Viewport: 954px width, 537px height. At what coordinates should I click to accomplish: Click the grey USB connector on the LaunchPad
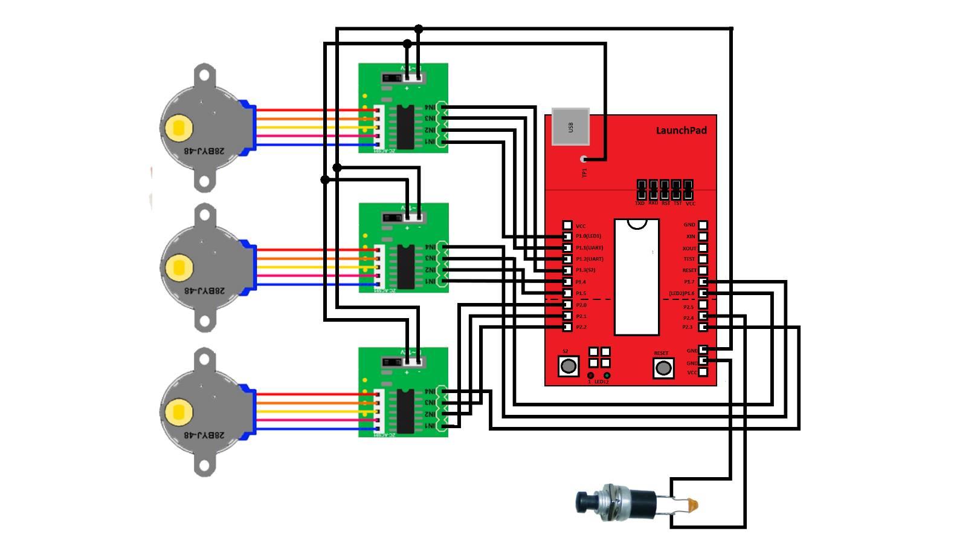[x=570, y=127]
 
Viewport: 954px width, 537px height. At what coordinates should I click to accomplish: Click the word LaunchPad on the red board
[x=681, y=130]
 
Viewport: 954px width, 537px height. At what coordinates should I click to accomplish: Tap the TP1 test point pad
[x=584, y=160]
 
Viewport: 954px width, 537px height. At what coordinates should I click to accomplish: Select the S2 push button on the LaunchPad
[x=568, y=365]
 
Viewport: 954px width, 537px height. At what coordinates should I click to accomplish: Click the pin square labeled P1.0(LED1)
[x=567, y=236]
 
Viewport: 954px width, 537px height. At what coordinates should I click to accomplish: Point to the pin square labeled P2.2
[x=567, y=327]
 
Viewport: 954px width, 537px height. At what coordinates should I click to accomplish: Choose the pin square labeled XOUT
[x=703, y=248]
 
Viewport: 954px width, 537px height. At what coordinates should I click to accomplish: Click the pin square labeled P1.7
[x=703, y=282]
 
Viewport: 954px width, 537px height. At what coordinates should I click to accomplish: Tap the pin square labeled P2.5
[x=703, y=306]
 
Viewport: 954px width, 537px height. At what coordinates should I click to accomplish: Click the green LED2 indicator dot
[x=607, y=376]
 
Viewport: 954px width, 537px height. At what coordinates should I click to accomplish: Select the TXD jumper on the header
[x=641, y=189]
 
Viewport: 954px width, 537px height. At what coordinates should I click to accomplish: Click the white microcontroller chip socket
[x=636, y=277]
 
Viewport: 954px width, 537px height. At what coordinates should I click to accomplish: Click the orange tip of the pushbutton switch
[x=693, y=504]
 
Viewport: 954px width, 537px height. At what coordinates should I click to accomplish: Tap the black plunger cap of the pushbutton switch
[x=584, y=501]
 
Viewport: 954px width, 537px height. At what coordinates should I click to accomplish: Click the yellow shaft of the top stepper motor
[x=179, y=128]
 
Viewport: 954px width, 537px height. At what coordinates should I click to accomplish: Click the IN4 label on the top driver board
[x=430, y=107]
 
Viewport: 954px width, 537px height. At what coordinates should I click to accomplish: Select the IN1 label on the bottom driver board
[x=430, y=426]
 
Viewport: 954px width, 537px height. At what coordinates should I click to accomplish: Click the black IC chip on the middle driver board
[x=405, y=267]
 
